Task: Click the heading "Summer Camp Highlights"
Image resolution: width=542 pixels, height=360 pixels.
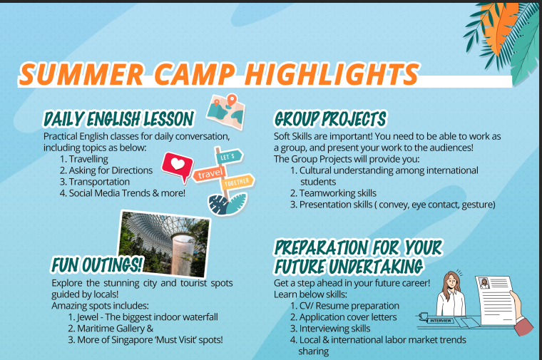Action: pos(219,73)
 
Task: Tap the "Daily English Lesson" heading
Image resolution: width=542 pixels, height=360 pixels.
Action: pos(118,119)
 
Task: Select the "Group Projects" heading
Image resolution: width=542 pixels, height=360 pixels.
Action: pos(330,119)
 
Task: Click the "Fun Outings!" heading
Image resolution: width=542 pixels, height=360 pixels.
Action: pos(97,264)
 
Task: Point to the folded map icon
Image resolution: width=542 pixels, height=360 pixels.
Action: pos(226,111)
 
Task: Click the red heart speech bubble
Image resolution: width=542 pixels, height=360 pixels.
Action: pos(178,166)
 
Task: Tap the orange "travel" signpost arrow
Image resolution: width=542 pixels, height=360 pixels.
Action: pos(210,173)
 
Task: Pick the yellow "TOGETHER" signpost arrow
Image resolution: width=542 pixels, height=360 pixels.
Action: pos(237,182)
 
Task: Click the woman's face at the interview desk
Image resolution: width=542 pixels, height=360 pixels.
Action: pos(451,282)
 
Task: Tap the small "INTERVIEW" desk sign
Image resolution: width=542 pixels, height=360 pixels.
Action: pos(441,321)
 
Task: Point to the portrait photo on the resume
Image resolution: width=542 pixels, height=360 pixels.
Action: pos(484,283)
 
